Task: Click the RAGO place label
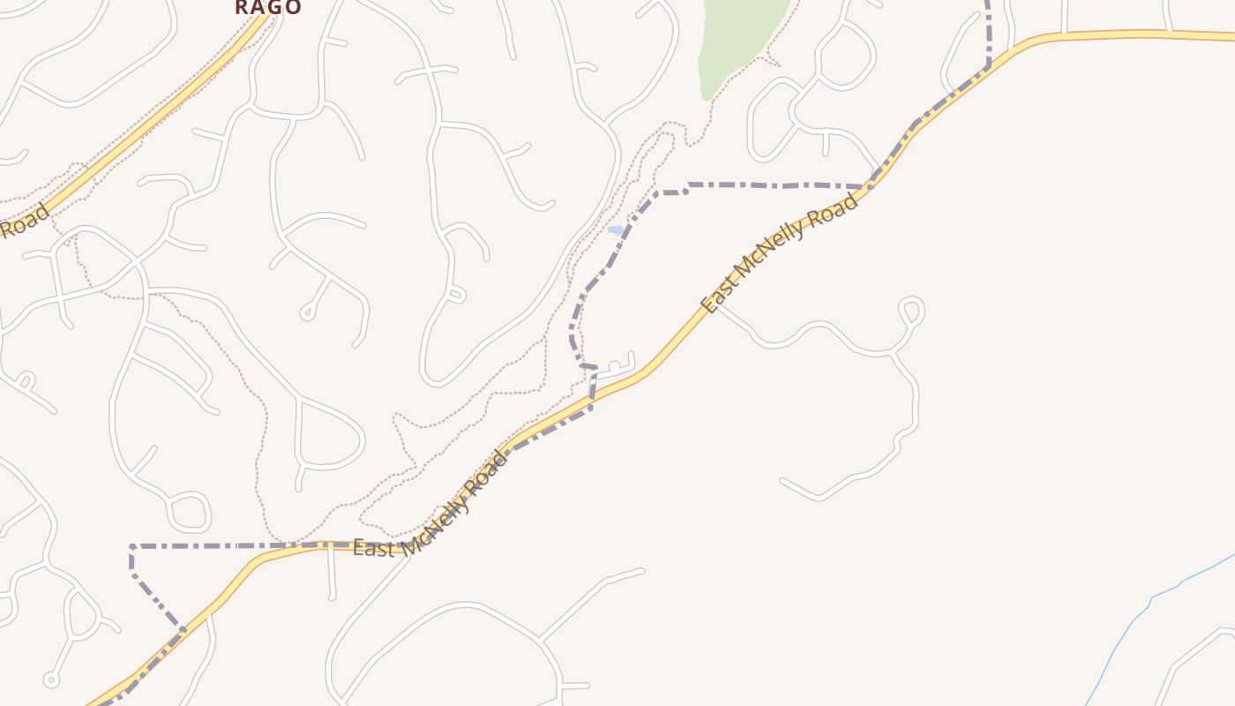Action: (268, 7)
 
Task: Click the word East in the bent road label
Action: (371, 548)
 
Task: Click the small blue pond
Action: (615, 230)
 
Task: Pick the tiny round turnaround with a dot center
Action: (51, 680)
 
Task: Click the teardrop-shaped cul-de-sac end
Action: (307, 311)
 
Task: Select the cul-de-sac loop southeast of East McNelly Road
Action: (911, 311)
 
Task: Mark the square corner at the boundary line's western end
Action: (132, 547)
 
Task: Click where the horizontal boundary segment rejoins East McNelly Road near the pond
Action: (869, 186)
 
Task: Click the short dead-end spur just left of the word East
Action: (331, 574)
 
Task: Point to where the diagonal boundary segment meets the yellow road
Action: (183, 628)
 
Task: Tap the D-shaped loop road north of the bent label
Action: (331, 434)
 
